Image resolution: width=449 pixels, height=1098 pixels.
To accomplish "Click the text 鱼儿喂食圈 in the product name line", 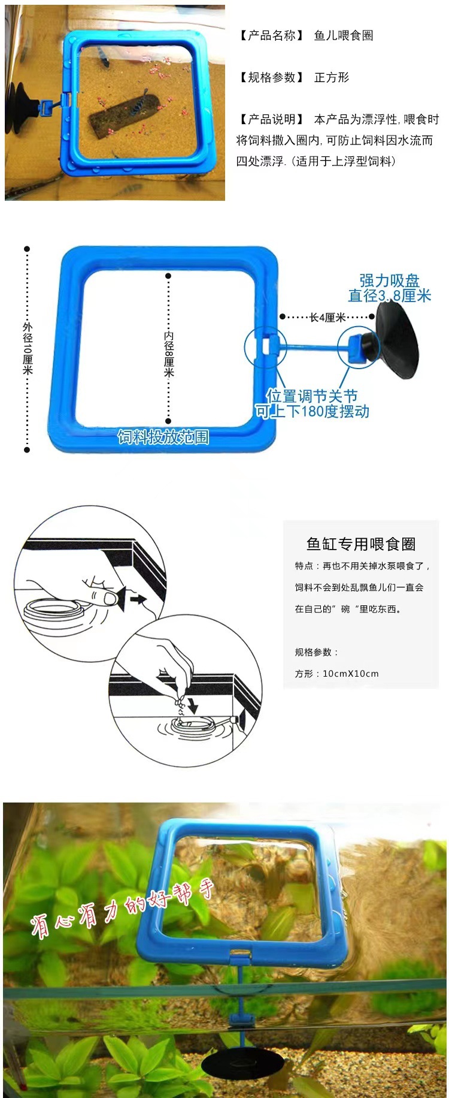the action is tap(344, 36).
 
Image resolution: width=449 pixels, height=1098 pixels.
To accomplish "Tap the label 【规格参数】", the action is tap(272, 78).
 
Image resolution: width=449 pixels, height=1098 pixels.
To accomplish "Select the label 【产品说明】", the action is tap(272, 120).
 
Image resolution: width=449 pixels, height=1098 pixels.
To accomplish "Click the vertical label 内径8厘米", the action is tap(169, 354).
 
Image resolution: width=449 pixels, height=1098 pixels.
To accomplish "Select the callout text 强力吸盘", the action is tap(389, 280).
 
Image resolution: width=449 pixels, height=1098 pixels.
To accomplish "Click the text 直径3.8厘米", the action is tap(390, 295).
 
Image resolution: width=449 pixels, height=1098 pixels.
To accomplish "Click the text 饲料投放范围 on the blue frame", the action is tap(163, 437).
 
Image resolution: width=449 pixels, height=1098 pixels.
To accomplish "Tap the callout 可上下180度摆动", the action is tap(312, 411).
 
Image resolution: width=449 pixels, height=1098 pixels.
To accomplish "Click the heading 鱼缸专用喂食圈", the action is tap(361, 544).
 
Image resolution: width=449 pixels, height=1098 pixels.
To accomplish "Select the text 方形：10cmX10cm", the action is tap(336, 674).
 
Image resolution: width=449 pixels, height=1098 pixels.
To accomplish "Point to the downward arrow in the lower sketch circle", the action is tap(192, 705).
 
